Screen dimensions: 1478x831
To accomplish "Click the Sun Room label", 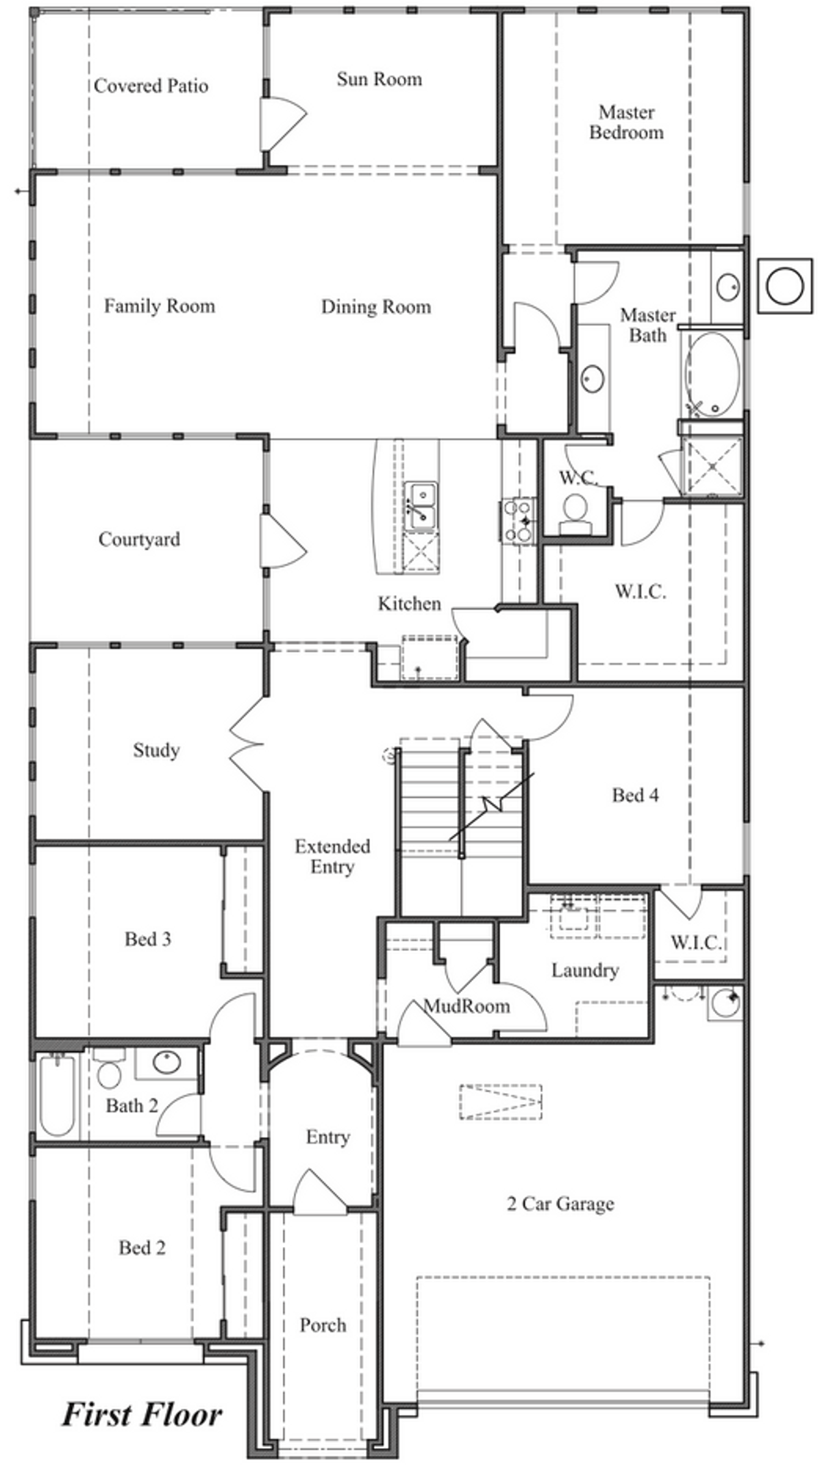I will [x=379, y=79].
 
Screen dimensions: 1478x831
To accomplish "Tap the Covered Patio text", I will [x=151, y=86].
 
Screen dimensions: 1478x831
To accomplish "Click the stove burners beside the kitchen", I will [x=518, y=519].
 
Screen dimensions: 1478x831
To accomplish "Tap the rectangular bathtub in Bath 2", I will [x=57, y=1096].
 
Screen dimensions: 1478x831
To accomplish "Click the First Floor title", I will [x=142, y=1414].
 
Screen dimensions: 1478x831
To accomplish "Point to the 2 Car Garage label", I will [x=560, y=1204].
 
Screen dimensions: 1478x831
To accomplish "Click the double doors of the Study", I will [x=247, y=744].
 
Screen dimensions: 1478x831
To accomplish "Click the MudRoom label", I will [x=467, y=1007].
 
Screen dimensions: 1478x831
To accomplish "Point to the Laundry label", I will [x=585, y=970].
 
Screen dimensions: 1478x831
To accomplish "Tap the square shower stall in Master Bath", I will [x=712, y=466].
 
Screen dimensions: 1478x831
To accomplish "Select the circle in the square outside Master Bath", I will [x=785, y=286].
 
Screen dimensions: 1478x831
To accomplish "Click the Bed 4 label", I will [x=635, y=795].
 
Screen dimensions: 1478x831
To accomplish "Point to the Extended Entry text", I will [x=332, y=856].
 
